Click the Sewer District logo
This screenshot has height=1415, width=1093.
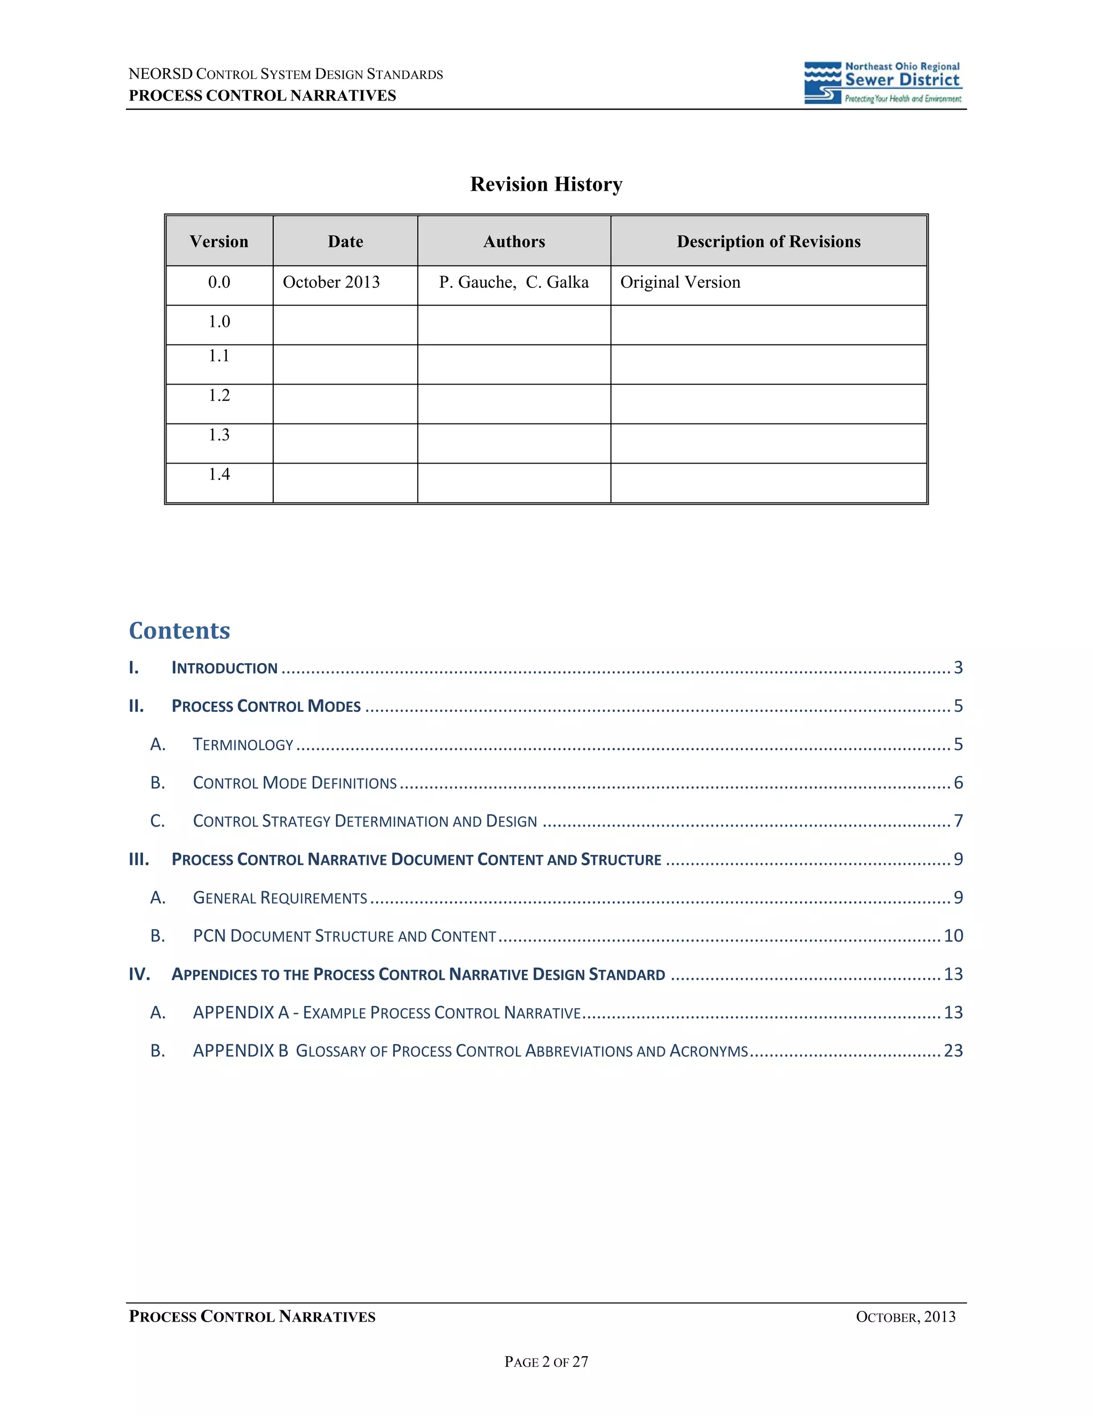(883, 83)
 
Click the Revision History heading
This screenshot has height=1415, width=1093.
(546, 185)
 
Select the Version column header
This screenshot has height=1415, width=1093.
(219, 242)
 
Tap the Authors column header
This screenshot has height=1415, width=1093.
(514, 242)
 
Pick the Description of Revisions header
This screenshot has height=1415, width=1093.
(769, 242)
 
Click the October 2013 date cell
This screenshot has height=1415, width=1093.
(331, 282)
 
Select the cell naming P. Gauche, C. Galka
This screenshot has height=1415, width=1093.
(513, 282)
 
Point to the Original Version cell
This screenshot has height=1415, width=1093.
(680, 282)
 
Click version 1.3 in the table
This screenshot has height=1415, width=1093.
(219, 435)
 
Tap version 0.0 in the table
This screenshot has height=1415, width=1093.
(219, 282)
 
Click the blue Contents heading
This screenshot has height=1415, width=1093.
(179, 631)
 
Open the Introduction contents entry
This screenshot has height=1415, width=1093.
(224, 668)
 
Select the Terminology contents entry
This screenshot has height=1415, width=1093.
(243, 744)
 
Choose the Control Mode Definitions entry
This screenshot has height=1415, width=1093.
(295, 783)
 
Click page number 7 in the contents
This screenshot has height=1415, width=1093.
(959, 821)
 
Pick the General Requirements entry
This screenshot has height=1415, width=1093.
(280, 898)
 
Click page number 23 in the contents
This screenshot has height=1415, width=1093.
(953, 1050)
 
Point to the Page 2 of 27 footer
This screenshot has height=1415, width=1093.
(546, 1362)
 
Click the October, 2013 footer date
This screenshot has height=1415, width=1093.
(905, 1317)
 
